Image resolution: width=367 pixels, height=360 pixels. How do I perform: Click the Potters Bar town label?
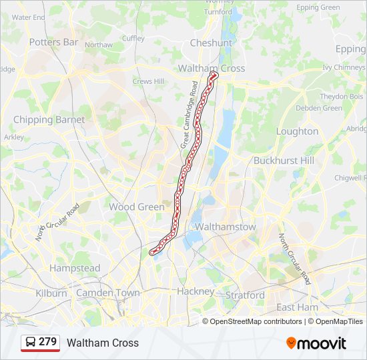[x=53, y=42]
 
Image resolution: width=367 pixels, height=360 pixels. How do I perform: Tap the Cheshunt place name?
[x=211, y=43]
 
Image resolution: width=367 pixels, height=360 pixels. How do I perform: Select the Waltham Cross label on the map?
[x=212, y=68]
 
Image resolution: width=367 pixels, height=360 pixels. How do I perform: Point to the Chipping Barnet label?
[x=49, y=120]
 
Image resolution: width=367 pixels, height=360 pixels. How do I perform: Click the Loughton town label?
[x=297, y=131]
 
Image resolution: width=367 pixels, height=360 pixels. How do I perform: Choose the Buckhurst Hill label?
[x=284, y=161]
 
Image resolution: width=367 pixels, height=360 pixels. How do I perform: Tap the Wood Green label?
[x=136, y=207]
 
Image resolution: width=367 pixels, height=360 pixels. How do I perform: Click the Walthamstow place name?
[x=226, y=227]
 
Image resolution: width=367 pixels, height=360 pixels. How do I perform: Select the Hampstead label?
[x=75, y=268]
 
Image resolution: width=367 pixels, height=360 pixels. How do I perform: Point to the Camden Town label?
[x=108, y=293]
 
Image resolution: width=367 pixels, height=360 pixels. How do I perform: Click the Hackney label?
[x=196, y=291]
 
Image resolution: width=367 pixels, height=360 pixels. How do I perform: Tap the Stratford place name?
[x=245, y=295]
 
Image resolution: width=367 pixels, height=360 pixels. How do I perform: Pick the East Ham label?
[x=298, y=307]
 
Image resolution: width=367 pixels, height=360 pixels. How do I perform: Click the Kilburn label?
[x=51, y=293]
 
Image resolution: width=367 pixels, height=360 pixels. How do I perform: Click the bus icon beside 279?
[x=31, y=342]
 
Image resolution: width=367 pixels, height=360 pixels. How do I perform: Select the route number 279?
[x=47, y=342]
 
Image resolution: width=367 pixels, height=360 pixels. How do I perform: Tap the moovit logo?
[x=316, y=343]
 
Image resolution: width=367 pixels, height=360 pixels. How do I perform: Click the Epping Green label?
[x=318, y=7]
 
